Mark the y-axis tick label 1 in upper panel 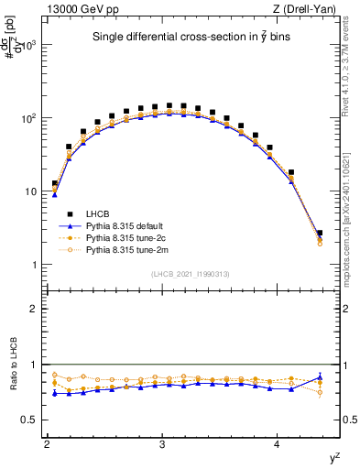[x=37, y=265]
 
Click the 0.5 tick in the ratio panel [x=32, y=420]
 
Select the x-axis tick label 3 [x=162, y=444]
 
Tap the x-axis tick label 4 [x=278, y=444]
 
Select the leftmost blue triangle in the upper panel [x=55, y=194]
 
